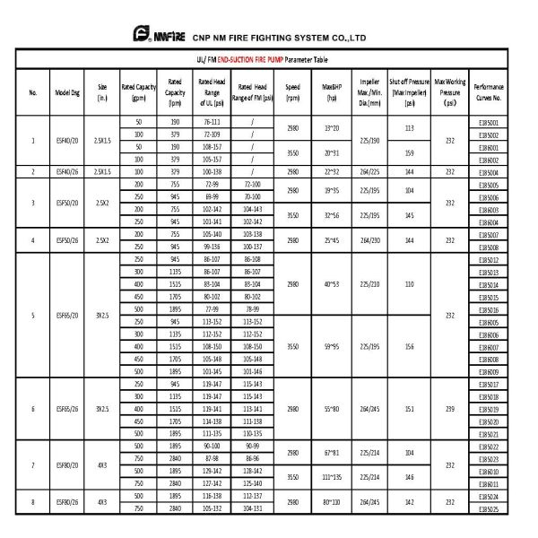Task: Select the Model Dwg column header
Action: (x=68, y=91)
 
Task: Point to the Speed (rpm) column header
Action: (x=293, y=91)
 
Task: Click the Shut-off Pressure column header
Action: (x=409, y=91)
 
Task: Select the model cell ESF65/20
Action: (x=68, y=316)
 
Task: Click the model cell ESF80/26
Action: (x=68, y=501)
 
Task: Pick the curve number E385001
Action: (x=489, y=122)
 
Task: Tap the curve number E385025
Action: (x=489, y=508)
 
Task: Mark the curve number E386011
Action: (x=489, y=483)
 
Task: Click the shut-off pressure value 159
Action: (x=409, y=153)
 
